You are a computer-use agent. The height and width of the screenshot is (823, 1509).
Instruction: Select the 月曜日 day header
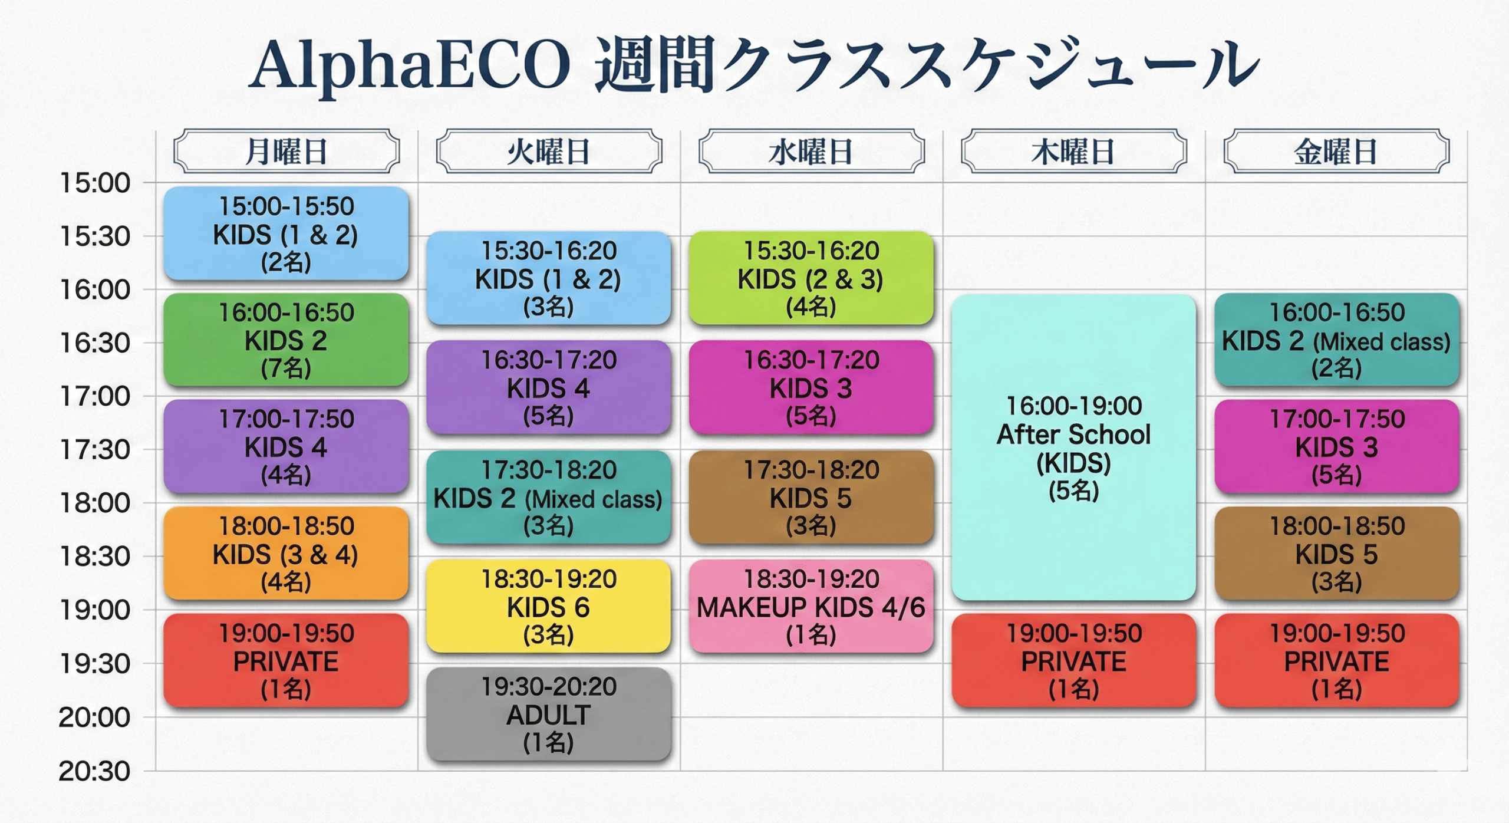coord(286,152)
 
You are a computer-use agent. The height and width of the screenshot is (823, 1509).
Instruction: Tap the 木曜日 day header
coord(1074,152)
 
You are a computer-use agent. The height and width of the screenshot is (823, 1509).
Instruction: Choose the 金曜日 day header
coord(1337,152)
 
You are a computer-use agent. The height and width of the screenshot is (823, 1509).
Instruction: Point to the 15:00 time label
coord(95,183)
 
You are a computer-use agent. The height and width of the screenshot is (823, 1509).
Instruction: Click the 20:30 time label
coord(95,771)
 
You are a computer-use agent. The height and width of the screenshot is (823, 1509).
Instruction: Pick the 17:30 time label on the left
coord(95,450)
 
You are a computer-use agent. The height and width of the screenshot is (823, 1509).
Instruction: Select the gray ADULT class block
coord(549,714)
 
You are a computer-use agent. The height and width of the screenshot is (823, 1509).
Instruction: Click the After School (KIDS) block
coord(1074,447)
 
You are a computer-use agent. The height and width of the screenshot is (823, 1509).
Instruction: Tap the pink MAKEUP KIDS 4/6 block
coord(811,607)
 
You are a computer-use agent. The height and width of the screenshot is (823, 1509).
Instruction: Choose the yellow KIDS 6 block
coord(549,607)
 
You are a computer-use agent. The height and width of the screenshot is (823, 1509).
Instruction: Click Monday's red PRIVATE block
coord(286,660)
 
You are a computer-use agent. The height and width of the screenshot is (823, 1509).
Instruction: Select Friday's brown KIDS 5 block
coord(1337,554)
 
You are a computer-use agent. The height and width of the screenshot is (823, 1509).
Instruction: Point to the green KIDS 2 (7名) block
coord(286,340)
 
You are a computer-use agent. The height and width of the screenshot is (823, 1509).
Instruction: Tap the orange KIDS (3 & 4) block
coord(286,554)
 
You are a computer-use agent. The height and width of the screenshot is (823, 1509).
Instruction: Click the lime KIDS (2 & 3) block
coord(811,278)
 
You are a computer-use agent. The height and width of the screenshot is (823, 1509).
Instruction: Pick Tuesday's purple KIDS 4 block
coord(549,387)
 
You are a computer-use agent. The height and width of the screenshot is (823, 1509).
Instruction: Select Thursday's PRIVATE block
coord(1074,660)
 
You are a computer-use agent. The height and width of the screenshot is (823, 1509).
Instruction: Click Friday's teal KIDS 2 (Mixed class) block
coord(1337,340)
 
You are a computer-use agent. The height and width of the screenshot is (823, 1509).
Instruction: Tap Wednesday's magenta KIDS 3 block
coord(811,387)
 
